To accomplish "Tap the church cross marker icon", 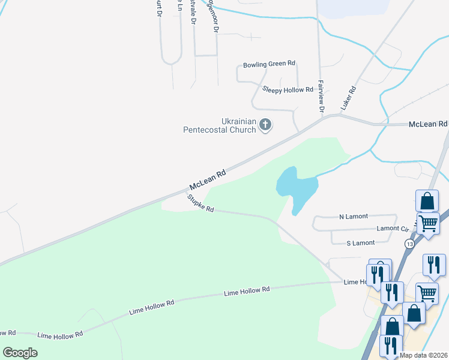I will click(x=266, y=125).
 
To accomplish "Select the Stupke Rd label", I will click(x=200, y=204).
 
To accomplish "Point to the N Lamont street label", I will click(x=354, y=216).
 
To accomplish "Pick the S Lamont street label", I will click(x=361, y=243).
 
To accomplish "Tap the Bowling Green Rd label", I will click(x=269, y=65).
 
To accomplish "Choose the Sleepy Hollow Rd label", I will click(x=288, y=89).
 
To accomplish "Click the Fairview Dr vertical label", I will click(x=321, y=97).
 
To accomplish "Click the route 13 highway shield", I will click(x=409, y=244).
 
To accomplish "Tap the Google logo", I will click(x=20, y=353).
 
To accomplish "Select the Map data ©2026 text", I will click(x=424, y=355).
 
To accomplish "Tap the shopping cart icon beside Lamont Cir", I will click(x=427, y=223).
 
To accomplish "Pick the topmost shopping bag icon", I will click(x=427, y=200).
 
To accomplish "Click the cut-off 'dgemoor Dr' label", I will click(x=211, y=16).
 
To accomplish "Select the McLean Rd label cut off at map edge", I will click(x=429, y=124).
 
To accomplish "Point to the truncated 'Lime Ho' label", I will click(x=355, y=282).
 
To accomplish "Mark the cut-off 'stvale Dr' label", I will click(x=193, y=12).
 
